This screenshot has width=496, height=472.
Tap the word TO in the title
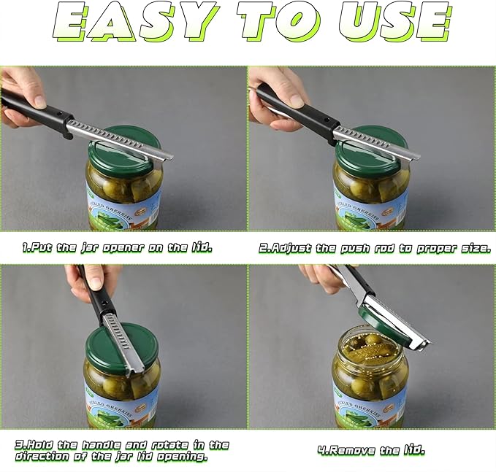pos(278,22)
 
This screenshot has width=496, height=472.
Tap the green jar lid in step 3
pos(121,349)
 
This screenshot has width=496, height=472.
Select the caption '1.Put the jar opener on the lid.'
pos(117,248)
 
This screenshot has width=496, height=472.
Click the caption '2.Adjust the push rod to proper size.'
pos(375,248)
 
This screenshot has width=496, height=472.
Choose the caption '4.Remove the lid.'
pos(371,450)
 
